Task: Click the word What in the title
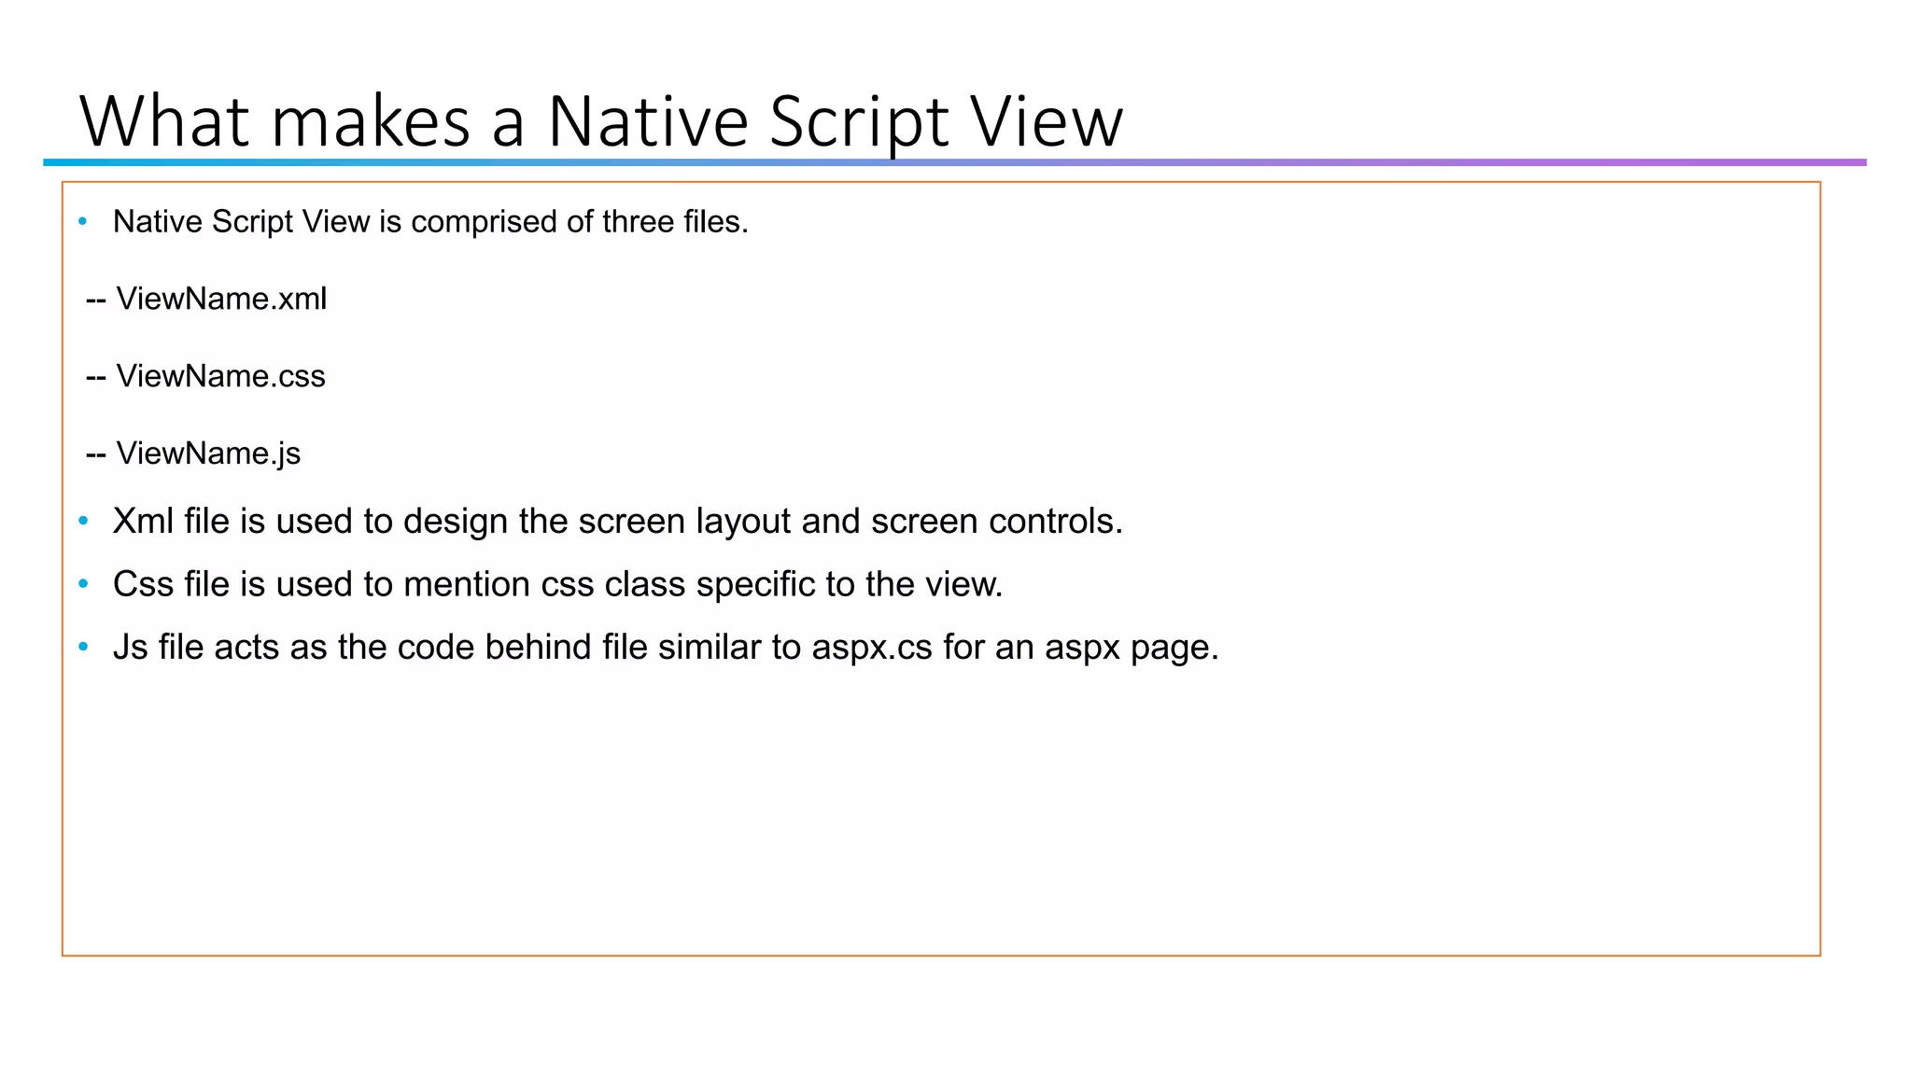pyautogui.click(x=165, y=121)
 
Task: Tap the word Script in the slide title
pyautogui.click(x=858, y=121)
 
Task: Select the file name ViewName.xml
pyautogui.click(x=221, y=299)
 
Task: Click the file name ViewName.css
pyautogui.click(x=220, y=376)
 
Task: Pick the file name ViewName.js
pyautogui.click(x=208, y=454)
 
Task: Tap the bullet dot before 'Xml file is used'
pyautogui.click(x=83, y=521)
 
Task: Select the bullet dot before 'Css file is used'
pyautogui.click(x=83, y=584)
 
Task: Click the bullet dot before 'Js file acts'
pyautogui.click(x=83, y=647)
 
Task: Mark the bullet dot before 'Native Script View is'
pyautogui.click(x=83, y=222)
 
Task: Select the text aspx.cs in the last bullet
pyautogui.click(x=872, y=648)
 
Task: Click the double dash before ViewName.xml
pyautogui.click(x=95, y=300)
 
